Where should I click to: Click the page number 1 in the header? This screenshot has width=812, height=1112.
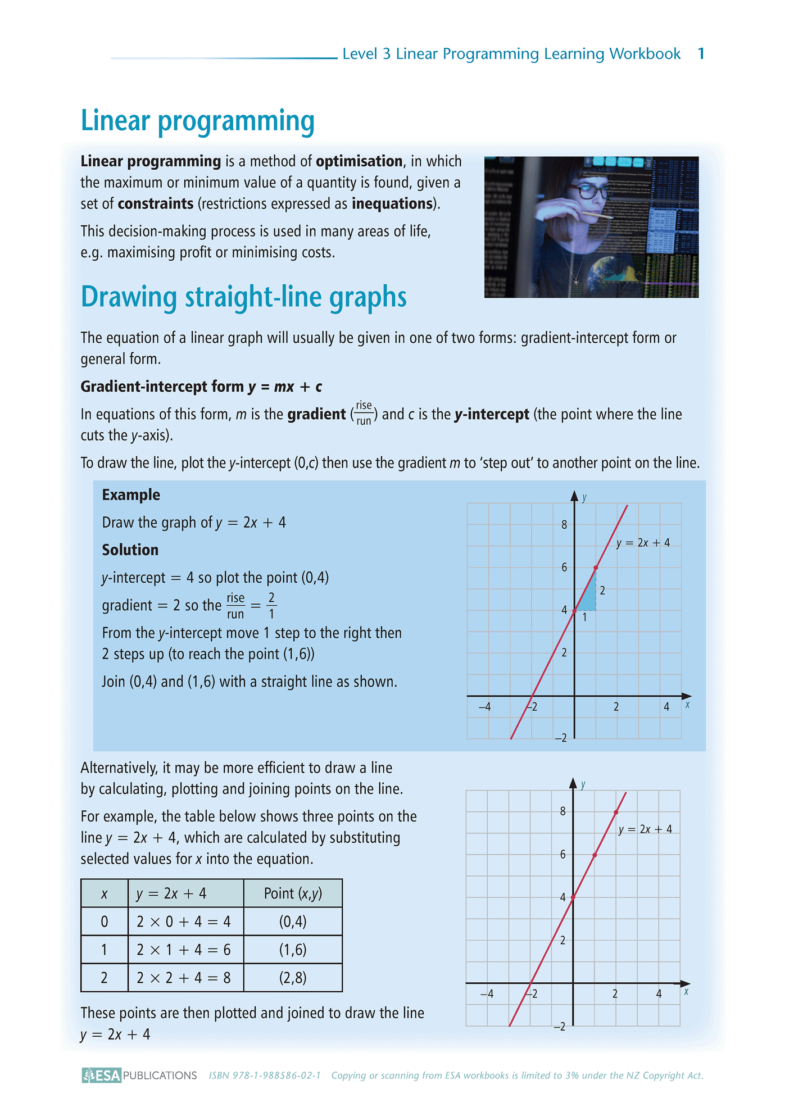[701, 54]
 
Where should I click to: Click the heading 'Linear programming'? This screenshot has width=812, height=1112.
[197, 121]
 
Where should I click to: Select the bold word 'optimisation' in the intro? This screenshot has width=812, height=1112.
[359, 161]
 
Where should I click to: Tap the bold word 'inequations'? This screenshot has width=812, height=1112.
[392, 203]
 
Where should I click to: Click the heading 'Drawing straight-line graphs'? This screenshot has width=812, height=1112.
[243, 297]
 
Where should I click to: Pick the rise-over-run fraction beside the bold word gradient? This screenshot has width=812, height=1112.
[364, 413]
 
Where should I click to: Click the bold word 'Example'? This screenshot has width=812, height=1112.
[131, 494]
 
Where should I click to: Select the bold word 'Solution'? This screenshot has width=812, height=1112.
[130, 550]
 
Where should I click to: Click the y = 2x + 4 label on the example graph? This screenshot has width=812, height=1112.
[643, 543]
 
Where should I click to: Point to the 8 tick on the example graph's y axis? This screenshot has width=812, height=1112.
[564, 525]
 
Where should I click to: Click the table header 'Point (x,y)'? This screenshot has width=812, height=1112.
[293, 893]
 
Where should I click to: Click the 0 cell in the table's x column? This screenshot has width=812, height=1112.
[104, 922]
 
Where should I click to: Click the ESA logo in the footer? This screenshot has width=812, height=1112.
[102, 1075]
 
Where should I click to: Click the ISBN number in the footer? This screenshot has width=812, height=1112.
[265, 1075]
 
